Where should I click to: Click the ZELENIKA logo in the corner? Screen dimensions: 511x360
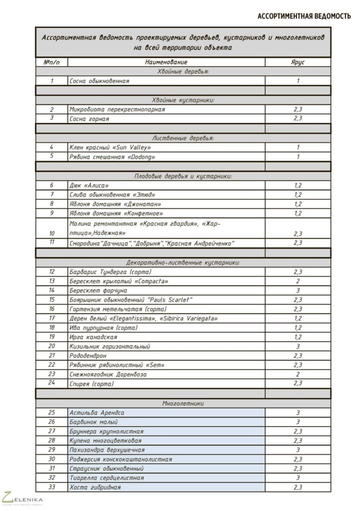(x=22, y=499)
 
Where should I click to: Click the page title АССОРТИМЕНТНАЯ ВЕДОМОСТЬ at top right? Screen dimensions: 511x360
(x=304, y=16)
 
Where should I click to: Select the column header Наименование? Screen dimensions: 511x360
(x=166, y=62)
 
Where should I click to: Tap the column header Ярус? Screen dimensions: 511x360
(x=298, y=62)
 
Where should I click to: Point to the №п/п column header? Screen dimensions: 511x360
(x=51, y=62)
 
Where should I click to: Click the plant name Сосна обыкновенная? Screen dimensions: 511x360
(x=99, y=81)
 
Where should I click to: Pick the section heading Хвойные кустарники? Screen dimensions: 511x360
(x=183, y=100)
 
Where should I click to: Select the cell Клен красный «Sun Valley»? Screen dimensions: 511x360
(x=110, y=148)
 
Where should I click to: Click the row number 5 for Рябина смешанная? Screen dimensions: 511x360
(x=51, y=157)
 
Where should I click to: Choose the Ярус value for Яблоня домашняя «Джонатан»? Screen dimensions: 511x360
(x=298, y=204)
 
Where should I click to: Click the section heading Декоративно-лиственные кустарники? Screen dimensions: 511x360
(x=183, y=262)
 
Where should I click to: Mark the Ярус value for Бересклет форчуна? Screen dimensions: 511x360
(x=298, y=290)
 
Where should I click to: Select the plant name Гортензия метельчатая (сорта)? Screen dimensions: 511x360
(x=118, y=309)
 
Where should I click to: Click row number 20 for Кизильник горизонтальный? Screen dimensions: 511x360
(x=51, y=346)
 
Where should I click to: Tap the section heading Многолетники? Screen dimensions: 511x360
(x=183, y=403)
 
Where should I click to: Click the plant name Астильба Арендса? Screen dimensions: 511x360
(x=97, y=413)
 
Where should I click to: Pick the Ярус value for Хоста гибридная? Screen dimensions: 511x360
(x=298, y=487)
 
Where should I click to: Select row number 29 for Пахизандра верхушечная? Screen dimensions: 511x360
(x=51, y=450)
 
